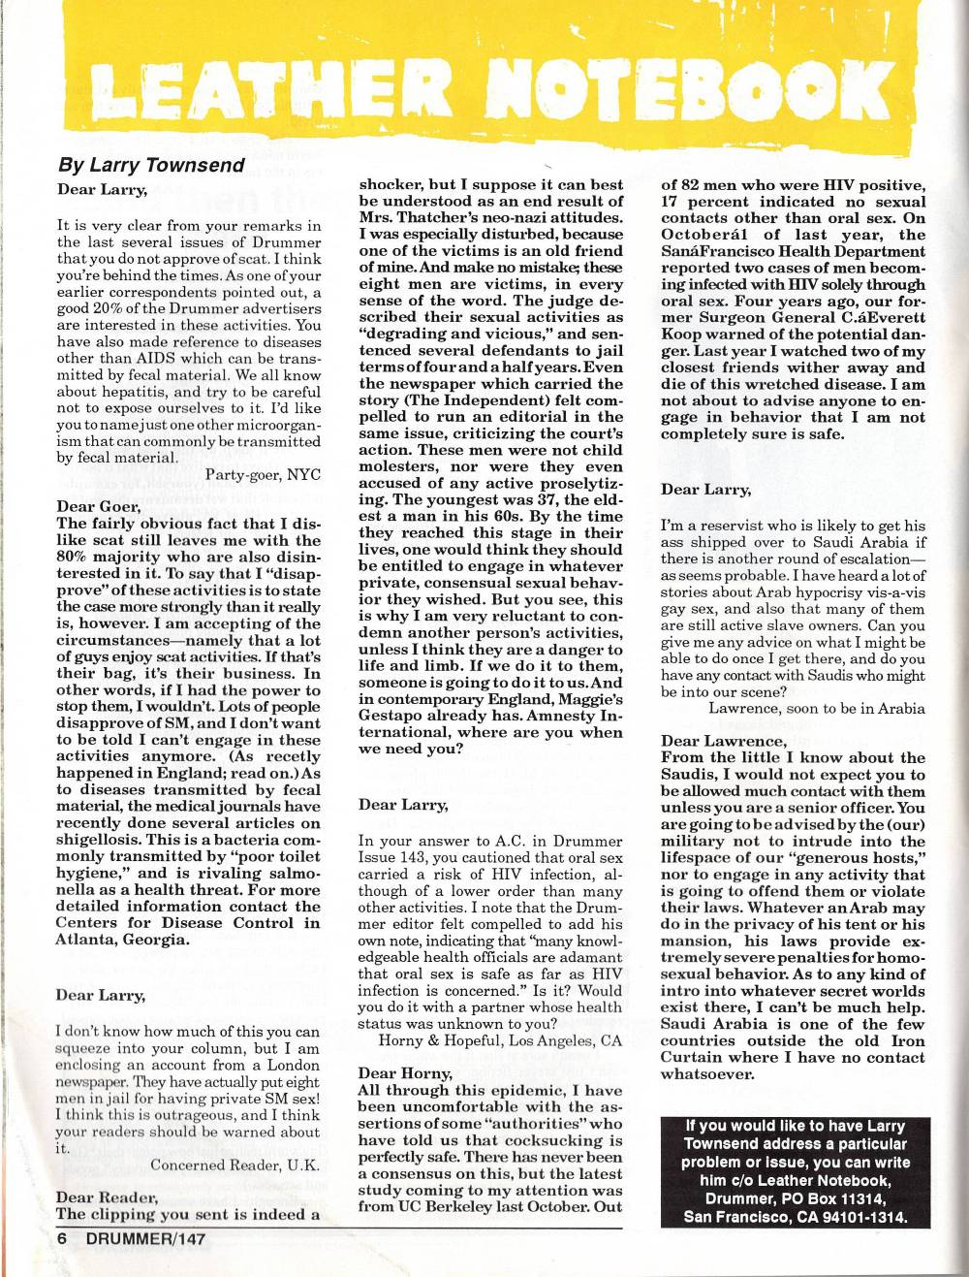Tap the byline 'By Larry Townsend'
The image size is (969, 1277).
tap(151, 165)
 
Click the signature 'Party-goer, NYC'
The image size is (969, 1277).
tap(263, 474)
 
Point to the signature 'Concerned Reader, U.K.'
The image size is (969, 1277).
tap(235, 1165)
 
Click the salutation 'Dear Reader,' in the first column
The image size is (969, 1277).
tap(107, 1197)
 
